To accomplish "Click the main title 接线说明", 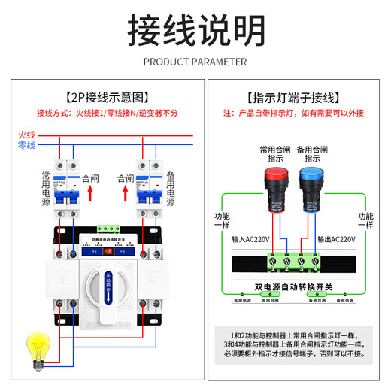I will (x=195, y=30).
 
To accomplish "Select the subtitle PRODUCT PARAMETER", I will (x=195, y=62).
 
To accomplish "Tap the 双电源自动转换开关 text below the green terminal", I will (x=293, y=286).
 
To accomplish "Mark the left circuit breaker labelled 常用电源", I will (x=64, y=188).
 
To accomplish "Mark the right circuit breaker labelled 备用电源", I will (x=148, y=188).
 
